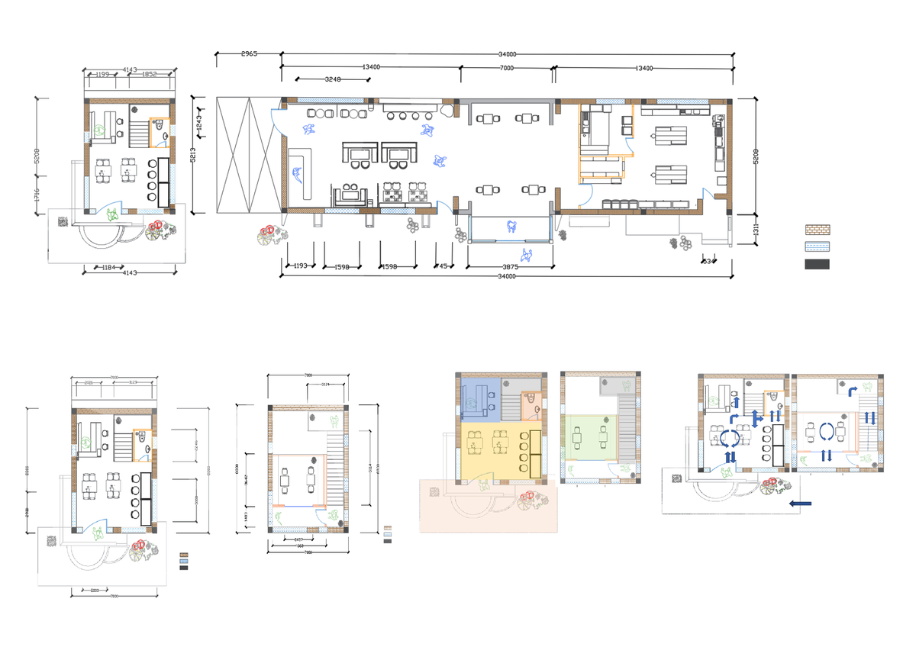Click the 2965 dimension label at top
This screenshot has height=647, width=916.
pyautogui.click(x=249, y=54)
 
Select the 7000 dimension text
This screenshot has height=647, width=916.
pyautogui.click(x=506, y=68)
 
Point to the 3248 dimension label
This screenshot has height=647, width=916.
pyautogui.click(x=333, y=79)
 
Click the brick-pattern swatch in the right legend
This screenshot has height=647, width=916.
pyautogui.click(x=818, y=229)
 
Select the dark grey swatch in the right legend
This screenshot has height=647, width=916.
pyautogui.click(x=818, y=264)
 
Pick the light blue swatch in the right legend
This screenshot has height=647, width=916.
pyautogui.click(x=818, y=246)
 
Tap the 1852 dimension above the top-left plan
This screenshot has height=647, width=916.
pyautogui.click(x=149, y=74)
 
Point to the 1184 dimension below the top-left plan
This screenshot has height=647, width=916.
pyautogui.click(x=102, y=268)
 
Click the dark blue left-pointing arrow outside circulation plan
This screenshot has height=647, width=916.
pyautogui.click(x=800, y=504)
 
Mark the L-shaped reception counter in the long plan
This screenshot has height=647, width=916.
pyautogui.click(x=302, y=174)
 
